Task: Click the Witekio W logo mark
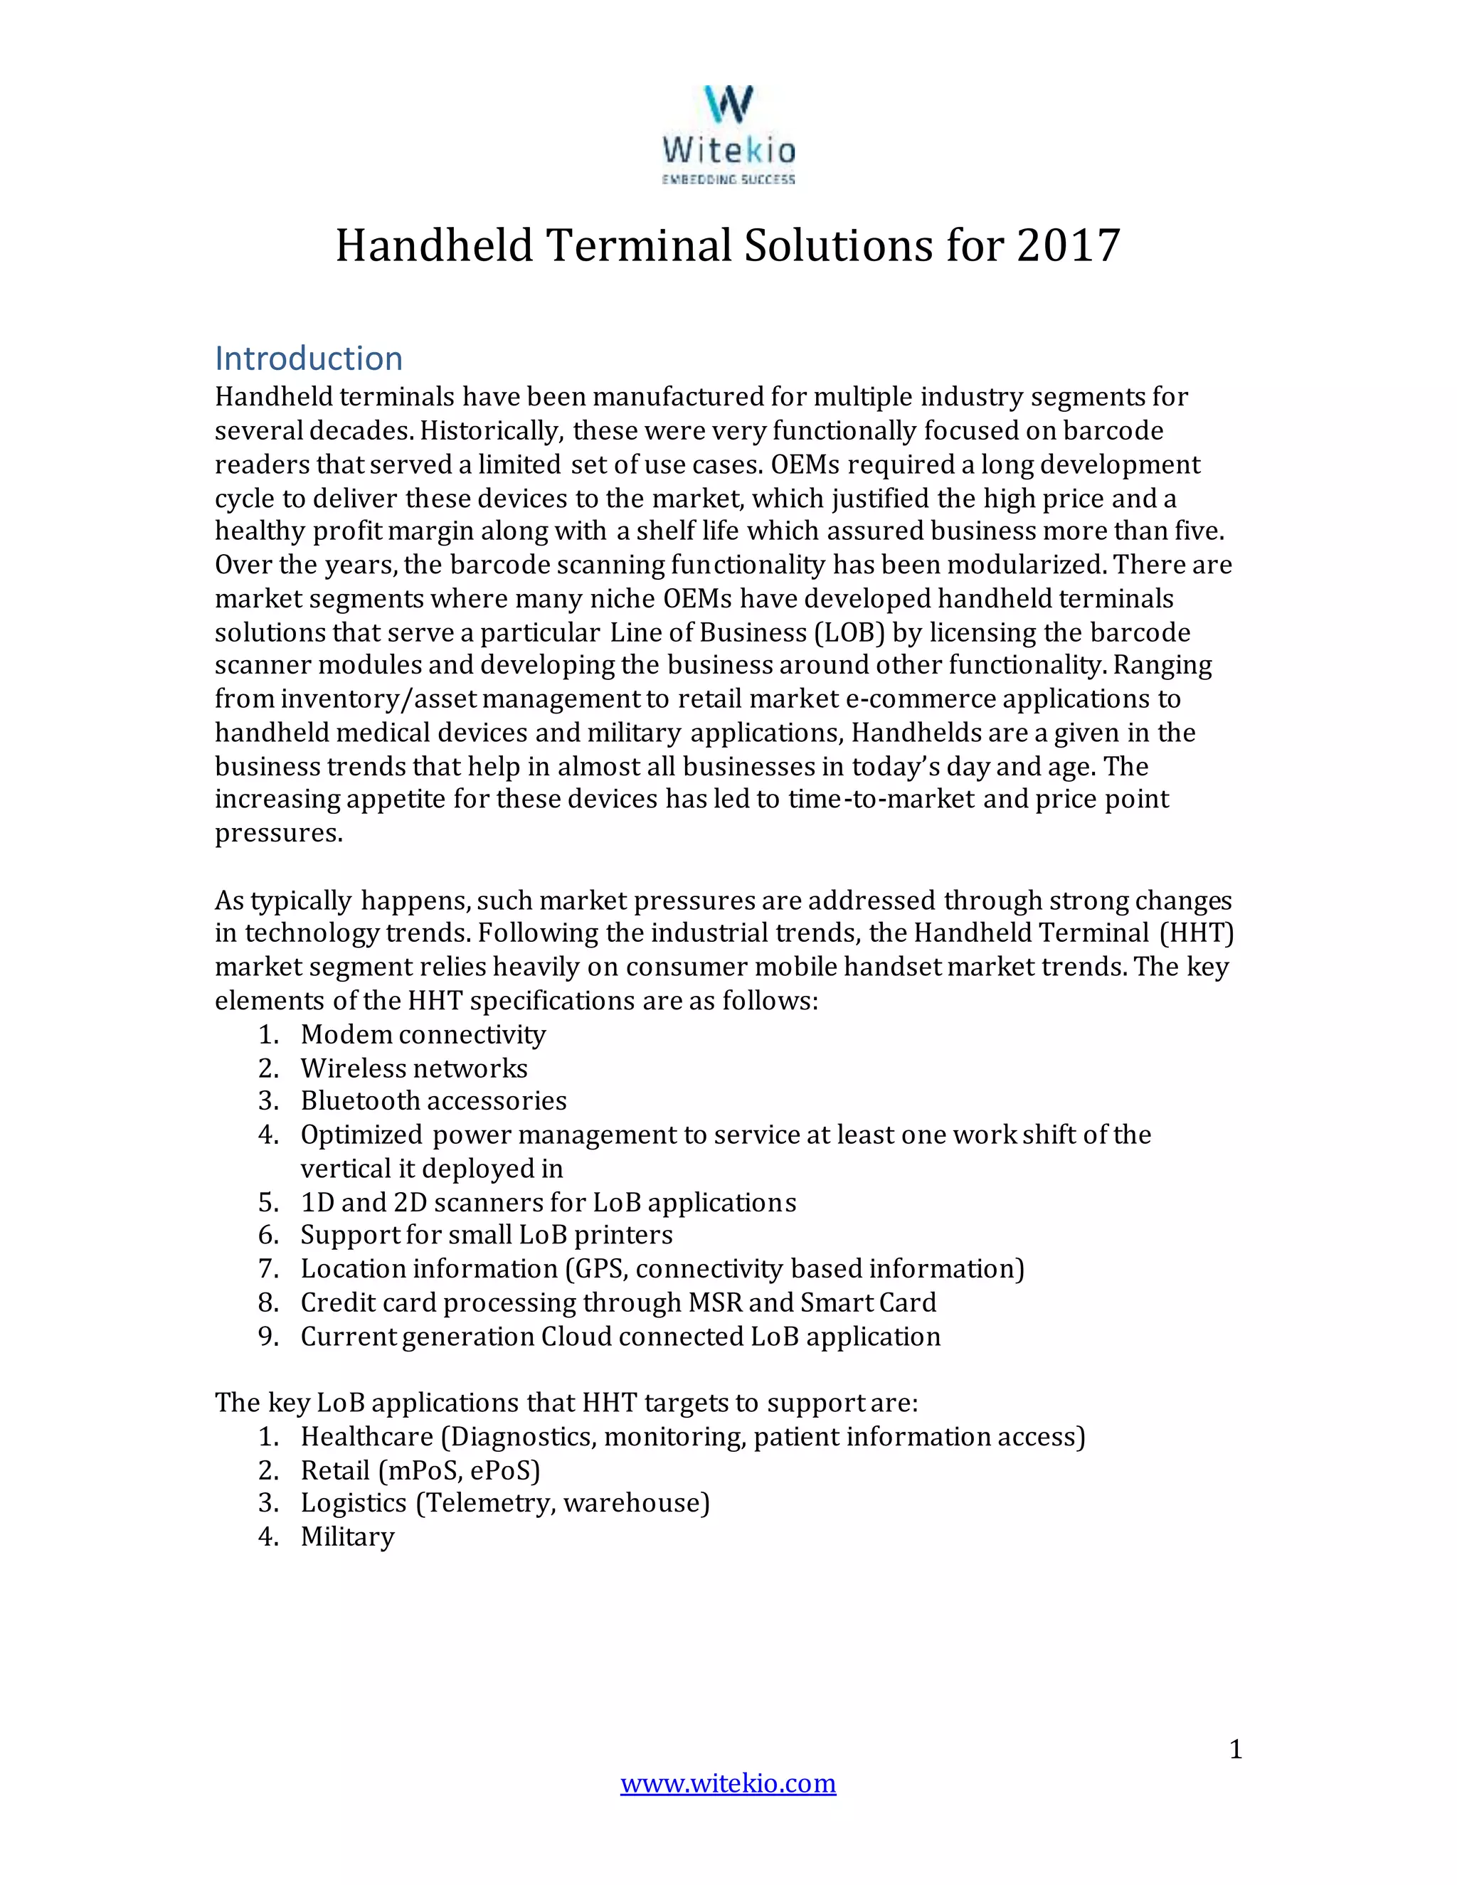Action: (x=728, y=104)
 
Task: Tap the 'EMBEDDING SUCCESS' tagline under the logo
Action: (x=728, y=179)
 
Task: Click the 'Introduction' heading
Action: (x=309, y=359)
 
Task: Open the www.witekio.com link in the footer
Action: (x=728, y=1783)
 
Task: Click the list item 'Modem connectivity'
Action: (x=423, y=1034)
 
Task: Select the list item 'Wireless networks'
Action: (x=414, y=1068)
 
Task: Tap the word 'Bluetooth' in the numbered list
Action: (x=360, y=1101)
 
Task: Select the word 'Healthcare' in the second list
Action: (x=367, y=1437)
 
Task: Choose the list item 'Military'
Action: (x=348, y=1537)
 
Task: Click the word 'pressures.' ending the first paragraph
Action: (x=279, y=834)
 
